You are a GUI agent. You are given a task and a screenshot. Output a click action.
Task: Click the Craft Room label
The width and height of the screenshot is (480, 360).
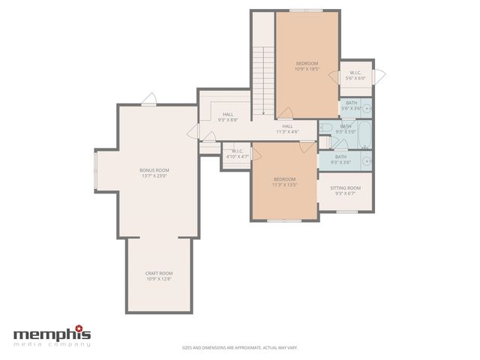(x=159, y=273)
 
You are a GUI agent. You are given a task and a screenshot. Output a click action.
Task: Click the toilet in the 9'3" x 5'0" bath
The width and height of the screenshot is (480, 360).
(x=325, y=128)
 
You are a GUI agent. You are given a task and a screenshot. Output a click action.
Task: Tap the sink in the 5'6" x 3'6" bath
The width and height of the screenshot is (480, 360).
(x=367, y=107)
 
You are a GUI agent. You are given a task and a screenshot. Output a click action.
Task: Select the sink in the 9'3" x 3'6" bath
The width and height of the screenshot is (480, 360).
(x=366, y=160)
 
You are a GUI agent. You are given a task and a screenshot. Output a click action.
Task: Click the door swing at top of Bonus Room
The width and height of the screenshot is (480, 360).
(x=149, y=99)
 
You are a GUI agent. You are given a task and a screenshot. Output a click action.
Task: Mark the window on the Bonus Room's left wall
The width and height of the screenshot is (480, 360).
(x=95, y=169)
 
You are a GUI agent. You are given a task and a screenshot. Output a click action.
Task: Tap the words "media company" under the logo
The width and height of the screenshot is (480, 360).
(x=52, y=344)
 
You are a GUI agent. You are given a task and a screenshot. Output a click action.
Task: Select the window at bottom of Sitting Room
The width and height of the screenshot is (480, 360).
(x=346, y=211)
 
